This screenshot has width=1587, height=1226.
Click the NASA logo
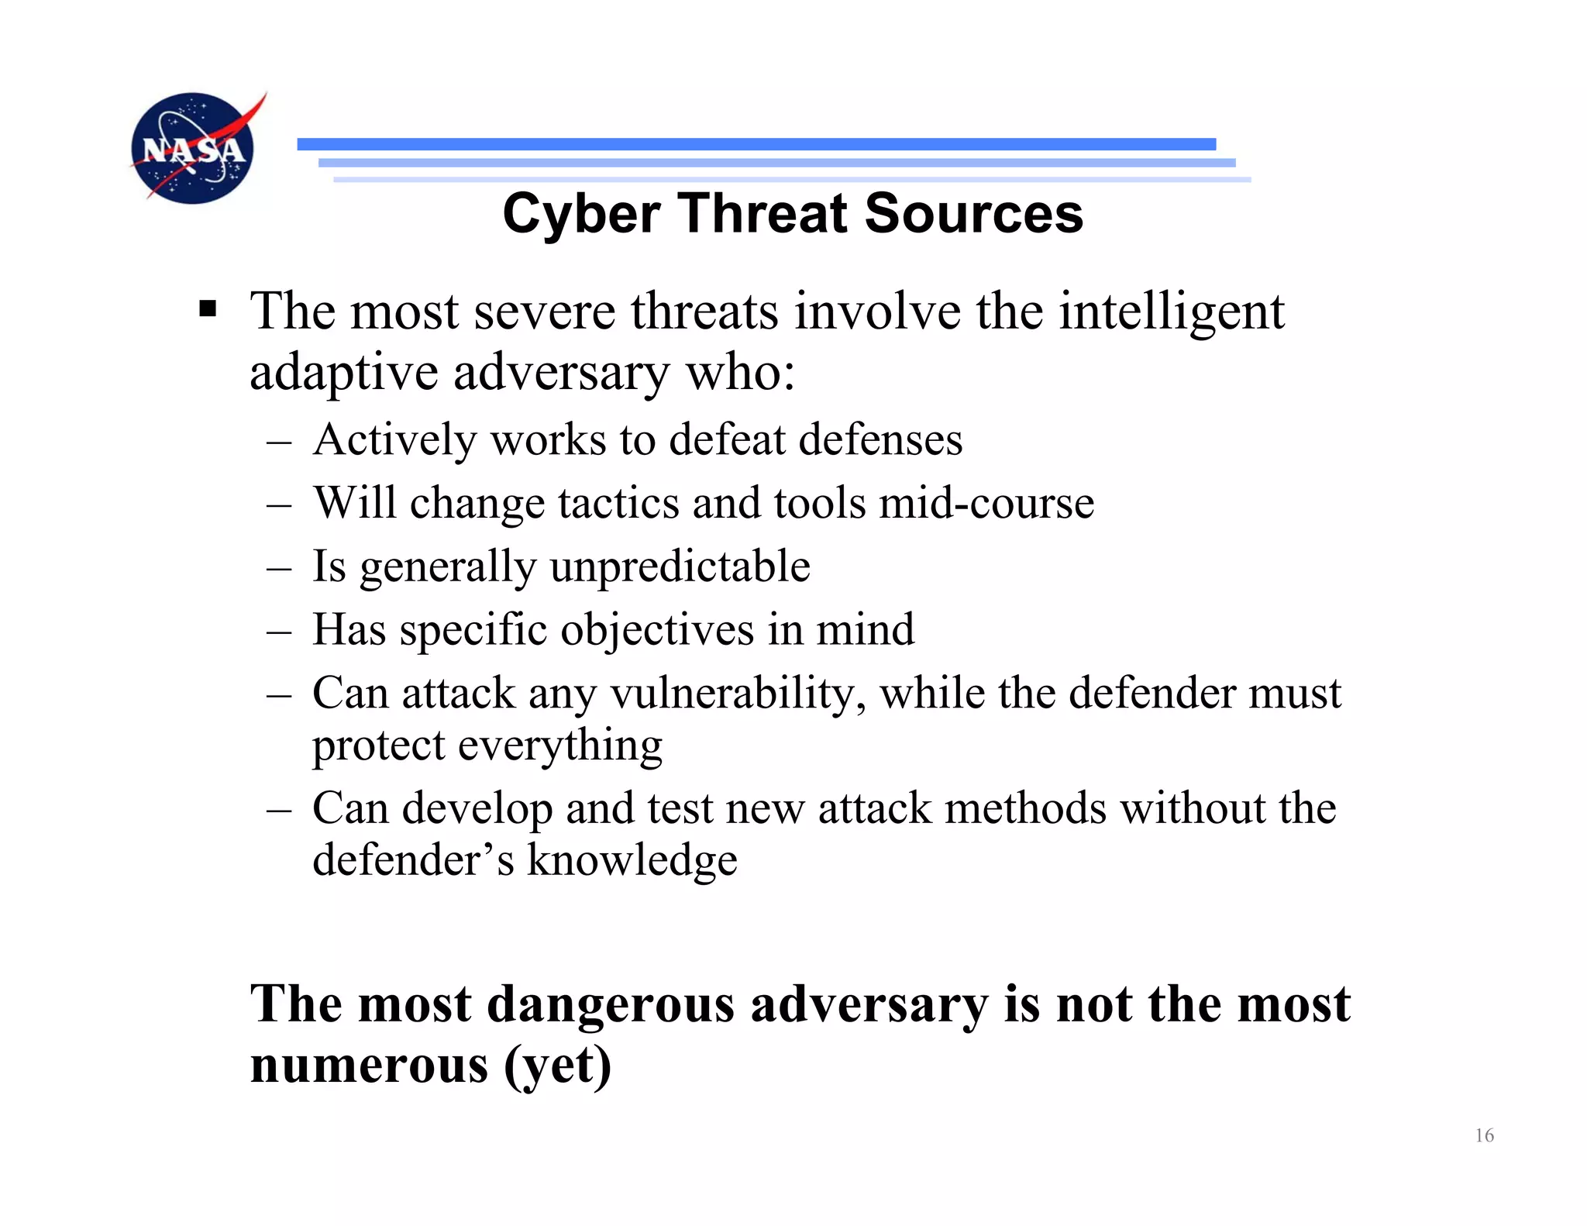(194, 148)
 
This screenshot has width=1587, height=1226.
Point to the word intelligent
(1171, 312)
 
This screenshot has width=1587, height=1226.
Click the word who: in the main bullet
(740, 372)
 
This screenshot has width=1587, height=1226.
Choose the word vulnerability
(738, 693)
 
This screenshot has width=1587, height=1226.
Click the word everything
(559, 746)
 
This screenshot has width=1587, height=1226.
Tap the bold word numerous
(369, 1065)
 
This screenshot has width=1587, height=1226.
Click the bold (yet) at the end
(558, 1066)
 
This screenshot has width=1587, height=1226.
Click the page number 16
(1484, 1135)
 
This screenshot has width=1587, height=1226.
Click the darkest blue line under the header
(756, 144)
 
